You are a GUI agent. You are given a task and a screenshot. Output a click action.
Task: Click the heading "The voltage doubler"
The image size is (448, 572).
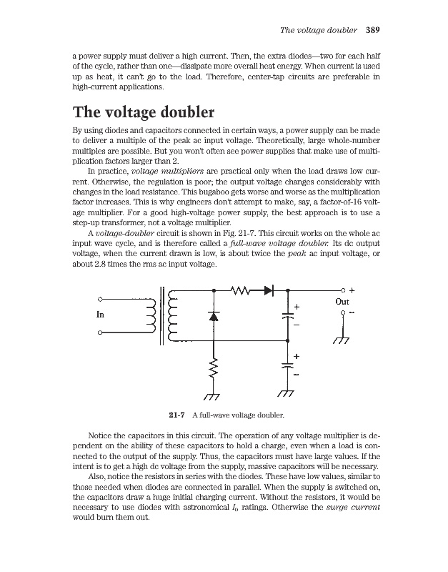[144, 113]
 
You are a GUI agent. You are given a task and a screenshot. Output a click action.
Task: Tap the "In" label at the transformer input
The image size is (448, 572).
[101, 313]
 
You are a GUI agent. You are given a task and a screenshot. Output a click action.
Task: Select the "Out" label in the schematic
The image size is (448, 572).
[342, 302]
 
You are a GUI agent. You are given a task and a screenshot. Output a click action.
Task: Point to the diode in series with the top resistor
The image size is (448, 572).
[269, 291]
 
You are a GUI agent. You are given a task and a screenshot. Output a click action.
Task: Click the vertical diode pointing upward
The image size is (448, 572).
[212, 316]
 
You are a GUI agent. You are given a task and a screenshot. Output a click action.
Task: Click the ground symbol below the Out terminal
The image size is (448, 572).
[342, 339]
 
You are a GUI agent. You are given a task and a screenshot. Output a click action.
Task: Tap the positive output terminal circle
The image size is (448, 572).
[343, 291]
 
